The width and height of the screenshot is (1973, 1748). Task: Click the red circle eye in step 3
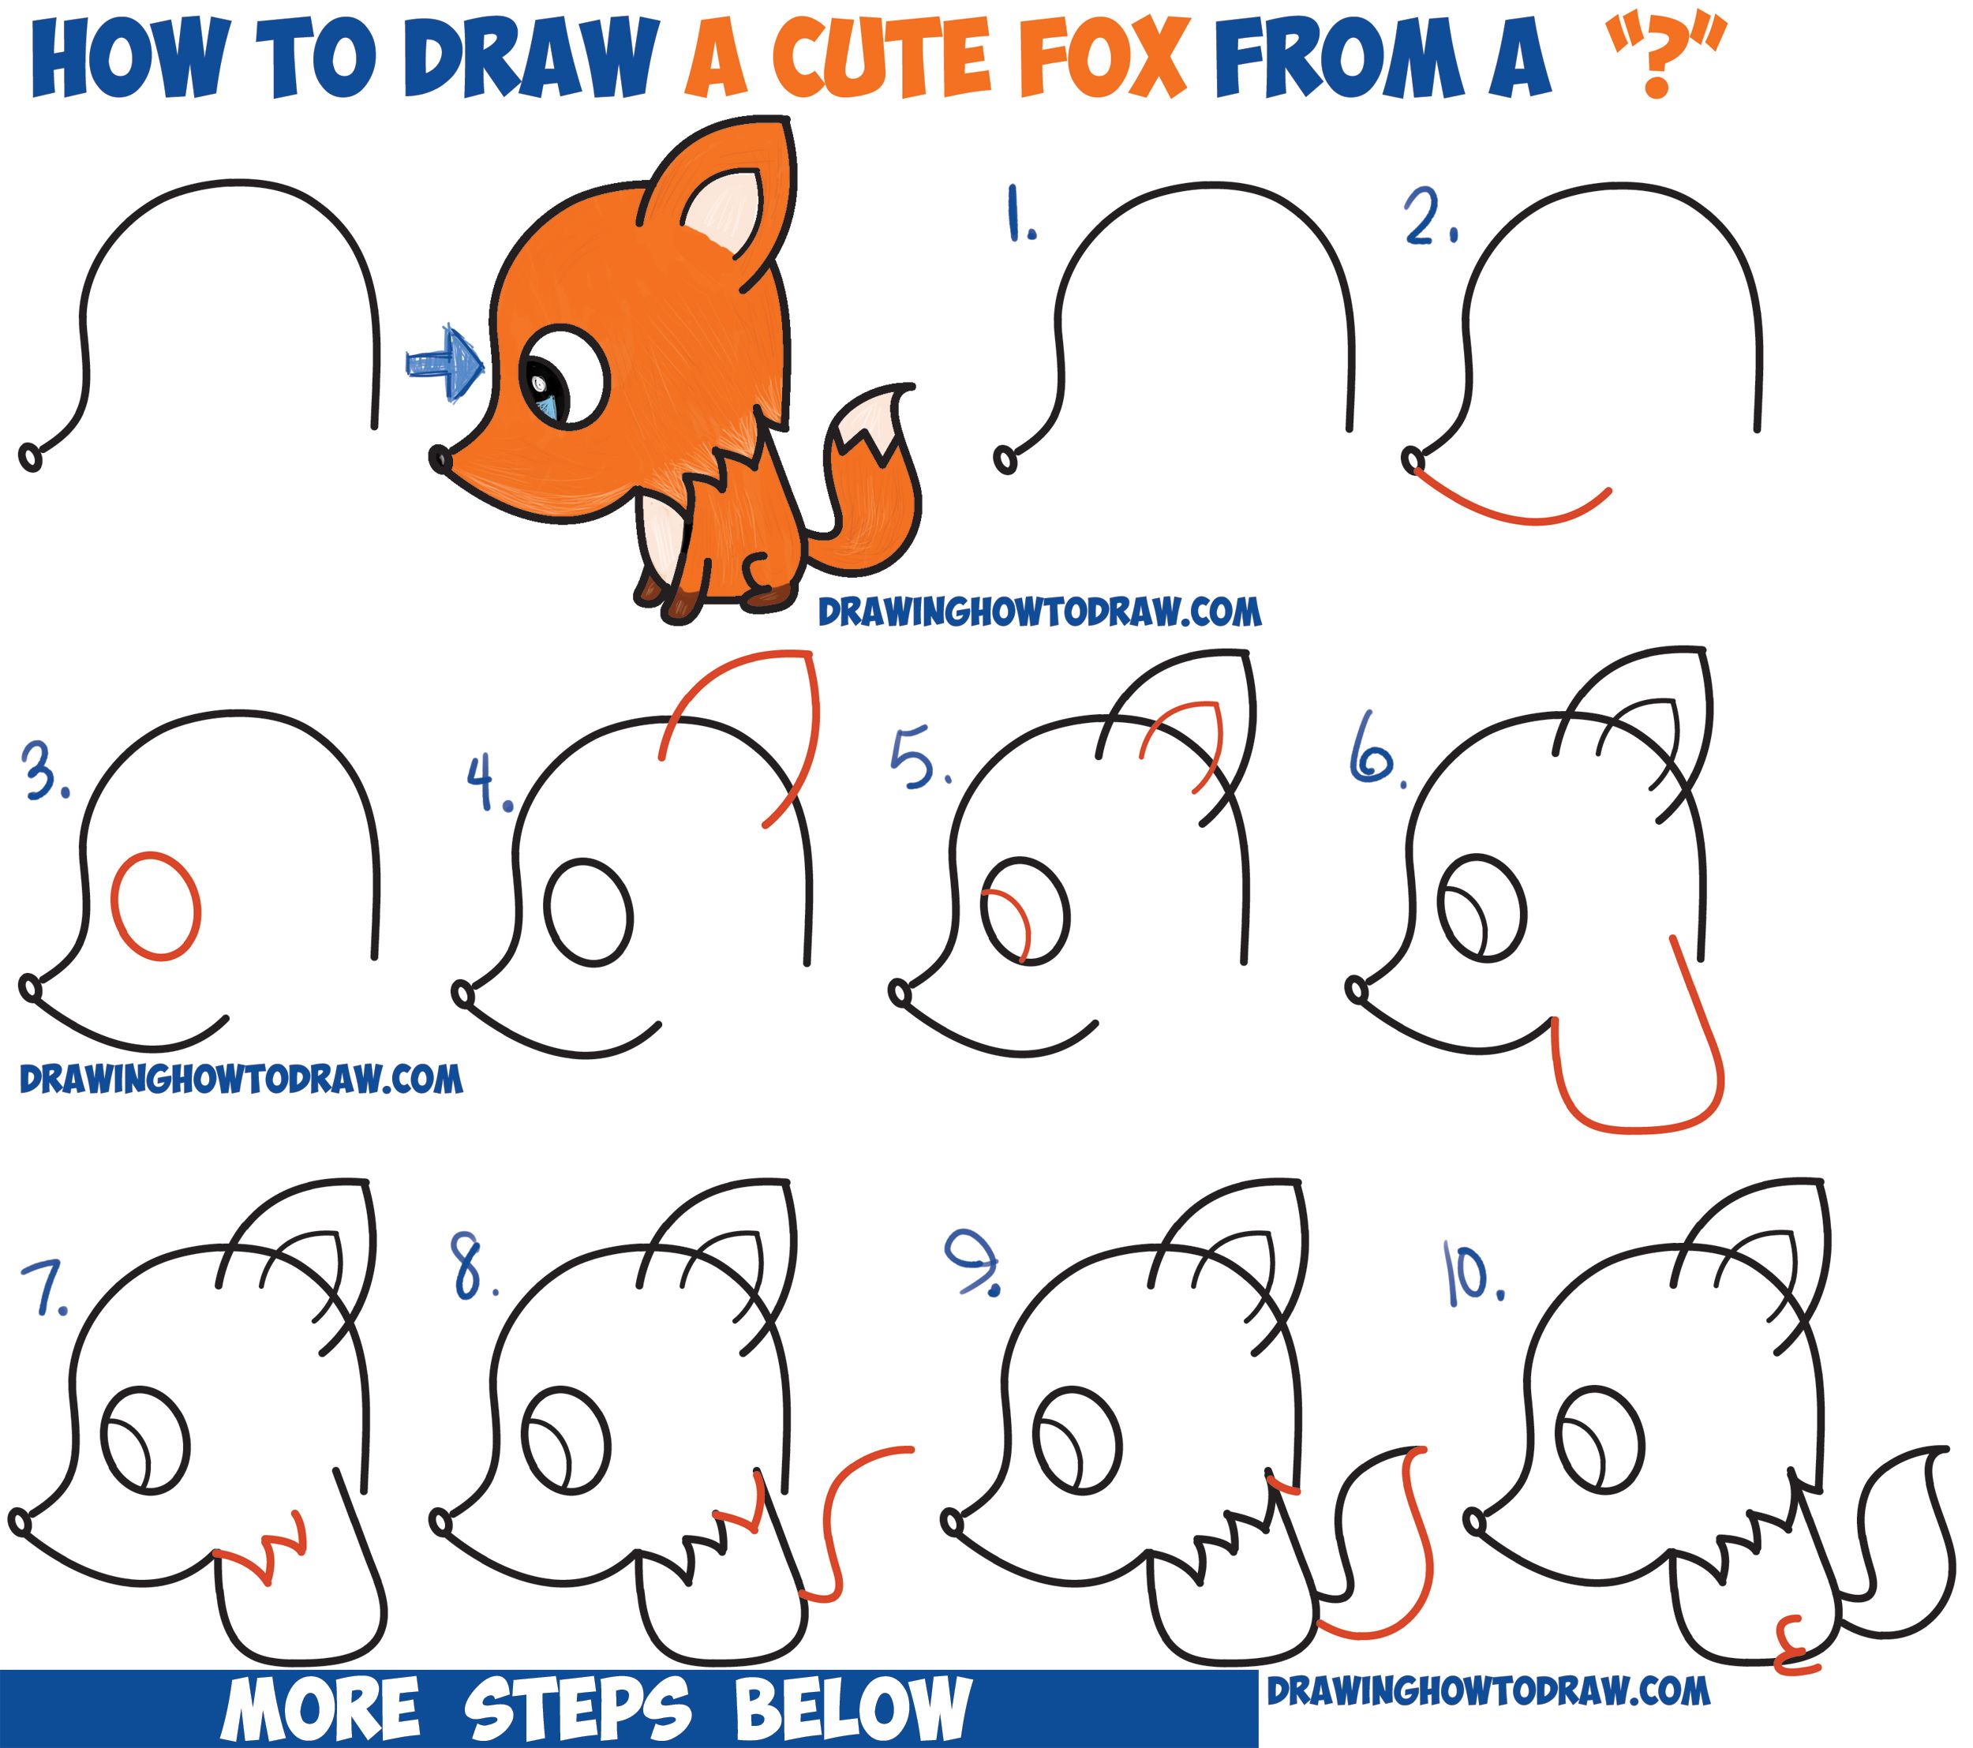pos(156,905)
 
